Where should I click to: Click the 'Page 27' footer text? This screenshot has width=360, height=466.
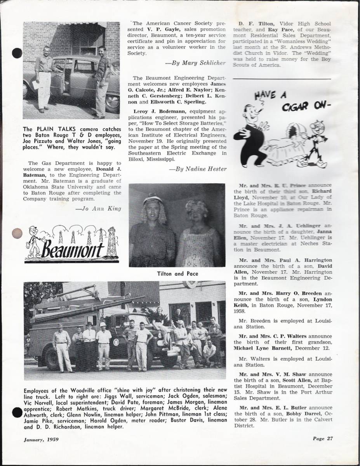point(323,439)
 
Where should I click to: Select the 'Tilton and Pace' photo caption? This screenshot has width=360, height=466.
point(177,274)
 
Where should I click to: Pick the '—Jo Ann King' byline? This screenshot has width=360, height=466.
point(98,208)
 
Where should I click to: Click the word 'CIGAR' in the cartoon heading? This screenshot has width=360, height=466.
point(299,107)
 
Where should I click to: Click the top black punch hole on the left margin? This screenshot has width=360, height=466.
point(17,53)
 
